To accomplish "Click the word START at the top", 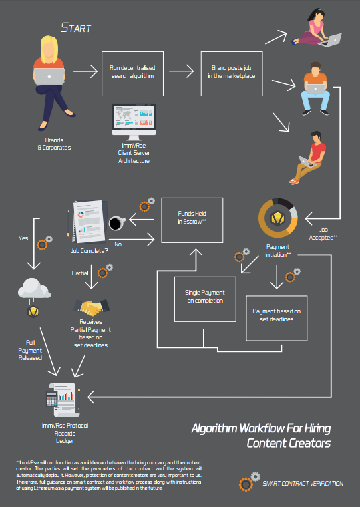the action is (76, 28).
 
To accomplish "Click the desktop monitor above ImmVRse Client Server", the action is (134, 122).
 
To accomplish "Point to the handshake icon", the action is (92, 307).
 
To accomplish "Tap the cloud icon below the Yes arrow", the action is (34, 288).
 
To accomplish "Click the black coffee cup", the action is (116, 223).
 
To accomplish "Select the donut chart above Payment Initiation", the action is (278, 218).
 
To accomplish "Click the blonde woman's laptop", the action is (49, 77).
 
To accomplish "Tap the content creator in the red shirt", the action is (308, 158).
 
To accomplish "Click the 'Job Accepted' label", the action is (323, 234).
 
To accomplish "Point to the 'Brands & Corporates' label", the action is (54, 144).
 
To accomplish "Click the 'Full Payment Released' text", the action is (30, 350).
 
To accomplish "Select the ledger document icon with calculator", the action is (63, 400).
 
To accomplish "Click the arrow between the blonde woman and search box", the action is (85, 71).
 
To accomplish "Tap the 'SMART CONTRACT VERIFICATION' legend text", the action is (303, 484).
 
